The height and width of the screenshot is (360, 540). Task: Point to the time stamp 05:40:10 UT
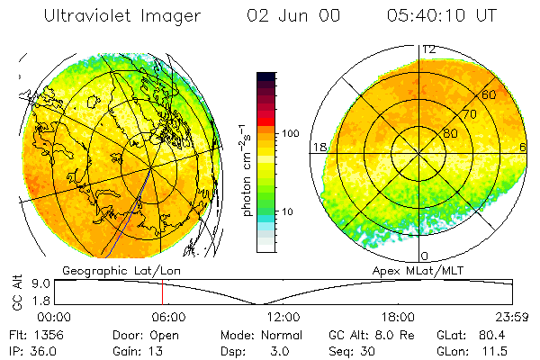tap(441, 15)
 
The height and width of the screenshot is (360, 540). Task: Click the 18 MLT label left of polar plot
tap(318, 147)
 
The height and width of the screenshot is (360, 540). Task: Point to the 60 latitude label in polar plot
tap(490, 94)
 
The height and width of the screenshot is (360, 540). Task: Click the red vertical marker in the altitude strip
tap(162, 292)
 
